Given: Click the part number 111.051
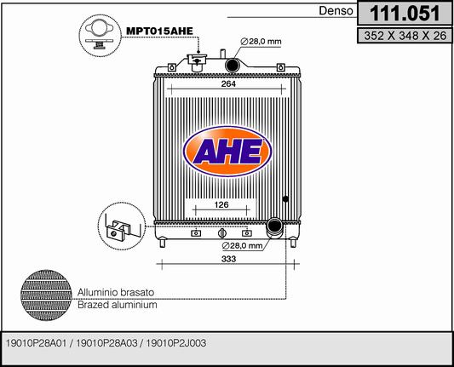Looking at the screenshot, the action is pos(405,14).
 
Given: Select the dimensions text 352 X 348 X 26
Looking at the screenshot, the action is pos(405,36).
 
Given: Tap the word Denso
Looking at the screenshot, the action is pos(336,11).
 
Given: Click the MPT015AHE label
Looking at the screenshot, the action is pos(159,31).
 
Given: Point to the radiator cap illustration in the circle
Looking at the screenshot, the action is pos(100,36).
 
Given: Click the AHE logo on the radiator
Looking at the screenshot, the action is pos(227,152).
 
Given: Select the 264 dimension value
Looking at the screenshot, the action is pos(228,84).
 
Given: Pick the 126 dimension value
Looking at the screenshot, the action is pos(221,204).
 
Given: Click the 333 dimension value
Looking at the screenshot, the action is pos(228,259).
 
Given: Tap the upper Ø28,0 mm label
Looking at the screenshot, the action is pos(261,42).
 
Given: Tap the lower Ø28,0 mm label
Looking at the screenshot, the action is pos(242,246).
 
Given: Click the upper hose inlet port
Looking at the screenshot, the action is pos(232,65).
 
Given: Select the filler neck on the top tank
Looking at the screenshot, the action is pos(197,62).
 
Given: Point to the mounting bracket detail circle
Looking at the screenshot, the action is pos(122,226).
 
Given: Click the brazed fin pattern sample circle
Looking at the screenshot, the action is pos(46,295).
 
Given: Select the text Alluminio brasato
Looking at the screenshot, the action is pos(116,292).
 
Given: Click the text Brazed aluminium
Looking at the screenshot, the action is pos(118,305).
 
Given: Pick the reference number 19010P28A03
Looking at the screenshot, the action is pos(106,343).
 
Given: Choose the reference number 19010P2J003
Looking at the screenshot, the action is pos(176,343).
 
